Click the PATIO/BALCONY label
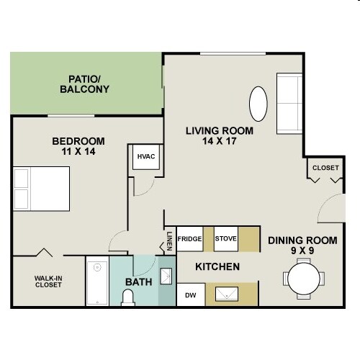pyautogui.click(x=88, y=84)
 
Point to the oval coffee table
pyautogui.click(x=259, y=104)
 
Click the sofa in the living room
pyautogui.click(x=290, y=102)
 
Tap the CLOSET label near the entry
pyautogui.click(x=325, y=168)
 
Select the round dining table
pyautogui.click(x=301, y=278)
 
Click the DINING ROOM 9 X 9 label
pyautogui.click(x=302, y=247)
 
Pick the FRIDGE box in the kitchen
pyautogui.click(x=190, y=238)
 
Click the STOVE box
pyautogui.click(x=226, y=238)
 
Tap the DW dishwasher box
pyautogui.click(x=190, y=294)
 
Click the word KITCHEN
pyautogui.click(x=217, y=267)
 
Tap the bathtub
pyautogui.click(x=97, y=283)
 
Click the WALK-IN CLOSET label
pyautogui.click(x=48, y=280)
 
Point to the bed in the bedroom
pyautogui.click(x=42, y=189)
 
